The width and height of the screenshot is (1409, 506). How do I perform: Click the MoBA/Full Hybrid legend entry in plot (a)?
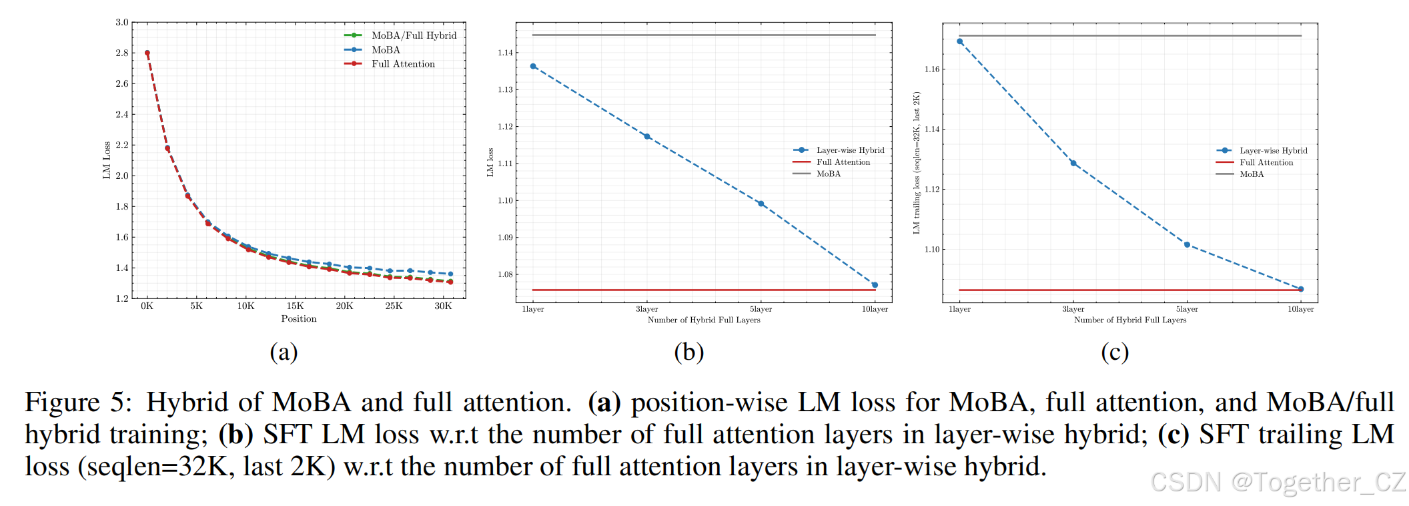point(414,35)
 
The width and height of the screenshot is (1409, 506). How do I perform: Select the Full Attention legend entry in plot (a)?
point(403,64)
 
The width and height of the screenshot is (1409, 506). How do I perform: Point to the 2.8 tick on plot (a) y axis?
point(122,53)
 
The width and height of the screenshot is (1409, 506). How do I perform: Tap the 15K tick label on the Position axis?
point(295,306)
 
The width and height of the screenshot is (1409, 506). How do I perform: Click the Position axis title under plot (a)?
point(298,319)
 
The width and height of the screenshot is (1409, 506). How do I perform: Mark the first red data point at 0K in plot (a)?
point(147,53)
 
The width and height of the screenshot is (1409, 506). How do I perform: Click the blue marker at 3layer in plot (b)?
point(646,136)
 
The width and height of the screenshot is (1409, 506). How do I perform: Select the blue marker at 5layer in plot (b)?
point(761,204)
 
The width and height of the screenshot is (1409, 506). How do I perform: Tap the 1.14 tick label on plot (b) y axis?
point(506,53)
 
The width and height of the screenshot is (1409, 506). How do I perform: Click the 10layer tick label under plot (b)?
point(875,309)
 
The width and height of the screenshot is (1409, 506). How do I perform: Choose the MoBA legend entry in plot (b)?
point(829,174)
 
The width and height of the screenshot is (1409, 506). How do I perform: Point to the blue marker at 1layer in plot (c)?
point(960,41)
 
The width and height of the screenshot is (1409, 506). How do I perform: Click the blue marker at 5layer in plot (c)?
point(1187,245)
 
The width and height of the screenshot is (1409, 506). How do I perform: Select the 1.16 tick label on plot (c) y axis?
point(932,69)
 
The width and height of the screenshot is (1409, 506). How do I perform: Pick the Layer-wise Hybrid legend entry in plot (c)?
point(1273,151)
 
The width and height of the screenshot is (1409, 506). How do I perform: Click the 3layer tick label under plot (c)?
point(1073,309)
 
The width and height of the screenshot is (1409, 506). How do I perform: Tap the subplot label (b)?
point(688,352)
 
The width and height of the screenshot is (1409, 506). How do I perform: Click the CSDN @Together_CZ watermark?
point(1278,482)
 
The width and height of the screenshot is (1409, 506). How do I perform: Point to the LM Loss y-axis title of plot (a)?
point(107,160)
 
